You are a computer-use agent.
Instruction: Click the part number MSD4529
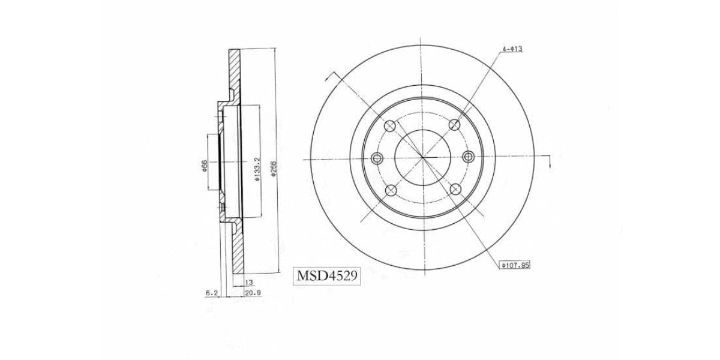point(326,276)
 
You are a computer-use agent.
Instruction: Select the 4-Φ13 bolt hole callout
point(512,49)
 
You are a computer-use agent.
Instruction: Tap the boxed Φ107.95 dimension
point(515,265)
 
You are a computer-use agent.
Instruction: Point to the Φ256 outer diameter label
point(274,169)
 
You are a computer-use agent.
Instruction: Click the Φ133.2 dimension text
point(256,169)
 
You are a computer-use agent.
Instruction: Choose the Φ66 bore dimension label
point(205,166)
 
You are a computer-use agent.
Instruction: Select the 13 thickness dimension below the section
point(248,281)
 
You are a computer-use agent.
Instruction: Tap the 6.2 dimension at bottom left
point(211,293)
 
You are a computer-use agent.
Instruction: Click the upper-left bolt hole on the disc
point(390,125)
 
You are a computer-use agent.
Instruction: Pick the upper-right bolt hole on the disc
point(455,125)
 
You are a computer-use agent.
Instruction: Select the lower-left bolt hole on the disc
point(390,191)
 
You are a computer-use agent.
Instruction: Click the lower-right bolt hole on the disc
point(455,190)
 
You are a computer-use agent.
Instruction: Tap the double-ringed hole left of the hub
point(377,158)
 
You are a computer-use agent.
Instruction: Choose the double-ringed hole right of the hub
point(469,157)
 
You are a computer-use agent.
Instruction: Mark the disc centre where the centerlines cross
point(422,158)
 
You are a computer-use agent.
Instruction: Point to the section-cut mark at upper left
point(329,77)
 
